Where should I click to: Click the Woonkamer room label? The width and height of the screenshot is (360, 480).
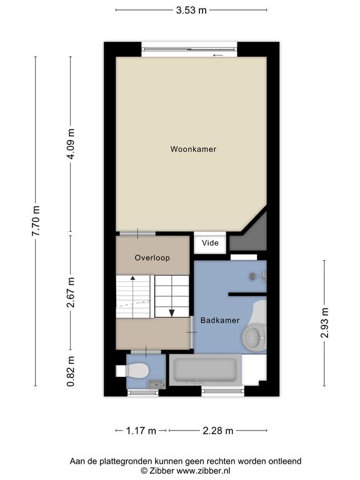[x=193, y=149]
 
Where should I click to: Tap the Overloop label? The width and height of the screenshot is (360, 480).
[x=152, y=257]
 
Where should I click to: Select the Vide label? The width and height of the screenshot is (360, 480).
[x=210, y=243]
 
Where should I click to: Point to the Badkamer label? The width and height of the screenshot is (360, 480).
[x=220, y=321]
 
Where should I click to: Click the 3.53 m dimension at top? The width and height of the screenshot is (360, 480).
[x=191, y=10]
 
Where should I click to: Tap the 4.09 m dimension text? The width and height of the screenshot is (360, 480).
[x=71, y=144]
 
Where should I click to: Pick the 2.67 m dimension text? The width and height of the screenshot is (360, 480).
[x=71, y=292]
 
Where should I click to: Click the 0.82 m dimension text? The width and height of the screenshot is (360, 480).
[x=71, y=371]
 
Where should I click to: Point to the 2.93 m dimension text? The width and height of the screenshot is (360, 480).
[x=324, y=323]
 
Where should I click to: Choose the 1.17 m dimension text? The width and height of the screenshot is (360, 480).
[x=141, y=431]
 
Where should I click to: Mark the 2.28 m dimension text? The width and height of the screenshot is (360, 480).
[x=218, y=431]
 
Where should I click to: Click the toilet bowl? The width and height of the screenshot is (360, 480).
[x=137, y=371]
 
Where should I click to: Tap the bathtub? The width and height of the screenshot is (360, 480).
[x=205, y=370]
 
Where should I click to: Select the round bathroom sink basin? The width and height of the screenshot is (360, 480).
[x=255, y=337]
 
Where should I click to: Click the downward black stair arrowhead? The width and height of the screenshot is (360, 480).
[x=172, y=313]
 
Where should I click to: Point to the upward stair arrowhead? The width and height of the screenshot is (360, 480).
[x=133, y=278]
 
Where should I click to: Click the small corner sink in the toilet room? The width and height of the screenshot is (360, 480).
[x=157, y=384]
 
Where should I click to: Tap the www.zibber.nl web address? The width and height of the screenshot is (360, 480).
[x=203, y=471]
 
